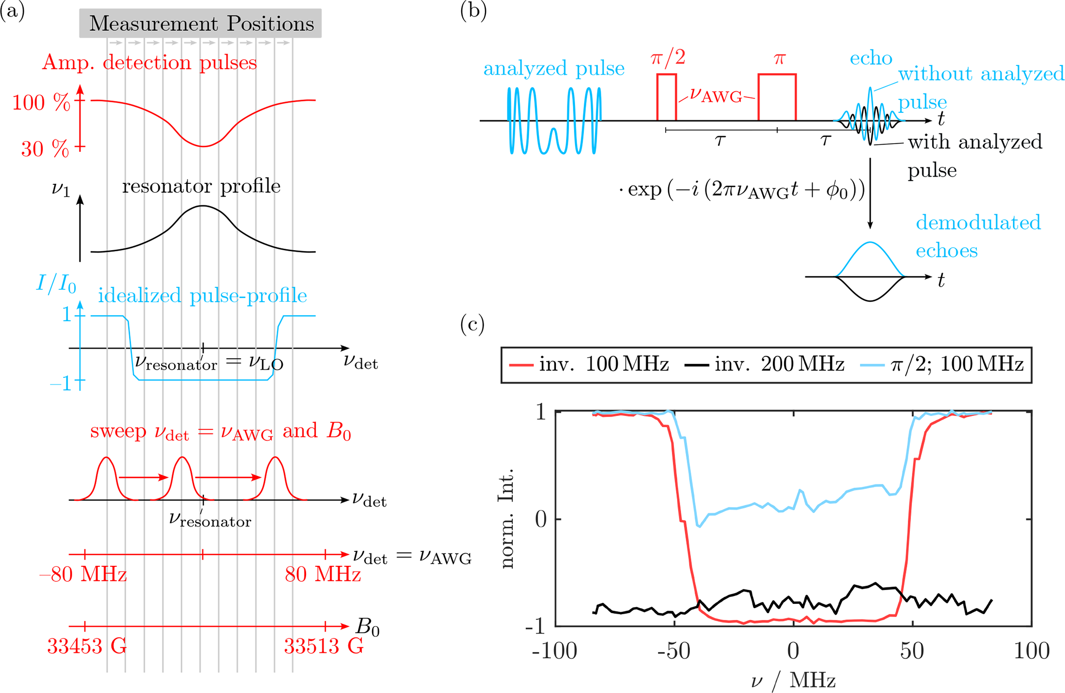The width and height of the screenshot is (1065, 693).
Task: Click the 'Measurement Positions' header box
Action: (x=200, y=24)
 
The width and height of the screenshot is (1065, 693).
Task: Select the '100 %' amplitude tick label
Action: (x=41, y=102)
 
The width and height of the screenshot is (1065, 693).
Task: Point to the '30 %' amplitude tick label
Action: (x=45, y=149)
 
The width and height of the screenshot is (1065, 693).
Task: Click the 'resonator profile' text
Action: (x=201, y=186)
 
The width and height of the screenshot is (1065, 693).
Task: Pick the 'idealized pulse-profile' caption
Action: (x=202, y=296)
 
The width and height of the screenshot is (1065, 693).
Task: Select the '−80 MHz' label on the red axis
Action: (x=83, y=574)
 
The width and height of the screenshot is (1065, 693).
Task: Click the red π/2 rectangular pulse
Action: (x=666, y=97)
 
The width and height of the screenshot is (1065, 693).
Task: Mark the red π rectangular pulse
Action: (x=777, y=97)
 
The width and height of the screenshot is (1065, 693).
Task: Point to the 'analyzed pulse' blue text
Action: (x=554, y=68)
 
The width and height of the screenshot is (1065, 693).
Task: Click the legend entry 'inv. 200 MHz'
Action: (x=766, y=365)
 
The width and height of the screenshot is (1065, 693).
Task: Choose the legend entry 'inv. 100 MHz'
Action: (x=589, y=365)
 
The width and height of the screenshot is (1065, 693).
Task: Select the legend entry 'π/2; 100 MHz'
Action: (x=942, y=365)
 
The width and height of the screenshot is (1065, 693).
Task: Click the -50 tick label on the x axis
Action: (x=674, y=651)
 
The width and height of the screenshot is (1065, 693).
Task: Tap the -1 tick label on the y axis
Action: (x=536, y=627)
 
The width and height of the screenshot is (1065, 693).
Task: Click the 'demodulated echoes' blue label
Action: (x=977, y=236)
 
